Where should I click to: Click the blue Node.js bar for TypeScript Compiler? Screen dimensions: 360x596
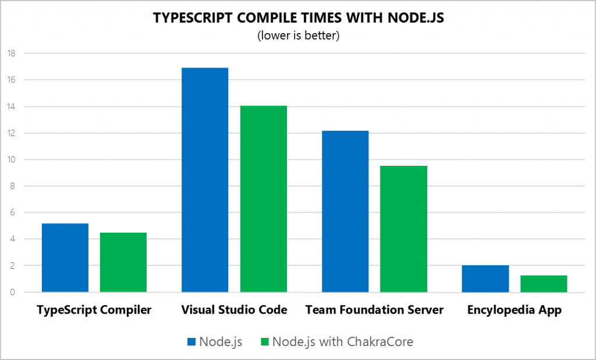tap(65, 258)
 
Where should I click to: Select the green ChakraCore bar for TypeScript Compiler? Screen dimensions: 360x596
tap(123, 262)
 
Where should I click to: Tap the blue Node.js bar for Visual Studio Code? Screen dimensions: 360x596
tap(205, 180)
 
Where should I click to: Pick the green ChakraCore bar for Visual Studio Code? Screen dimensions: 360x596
tap(264, 198)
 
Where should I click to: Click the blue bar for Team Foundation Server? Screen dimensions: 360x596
tap(345, 211)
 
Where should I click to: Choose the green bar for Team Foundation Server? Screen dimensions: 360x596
tap(404, 229)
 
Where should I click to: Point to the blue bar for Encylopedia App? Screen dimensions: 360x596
tap(485, 279)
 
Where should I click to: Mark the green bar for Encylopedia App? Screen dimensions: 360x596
tap(544, 283)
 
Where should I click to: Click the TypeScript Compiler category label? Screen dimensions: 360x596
tap(94, 310)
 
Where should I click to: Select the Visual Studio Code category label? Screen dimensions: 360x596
tap(234, 310)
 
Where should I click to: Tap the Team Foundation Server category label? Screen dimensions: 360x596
tap(374, 310)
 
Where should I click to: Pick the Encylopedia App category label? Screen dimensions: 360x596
tap(515, 310)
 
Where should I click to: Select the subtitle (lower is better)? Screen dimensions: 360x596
tap(297, 36)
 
